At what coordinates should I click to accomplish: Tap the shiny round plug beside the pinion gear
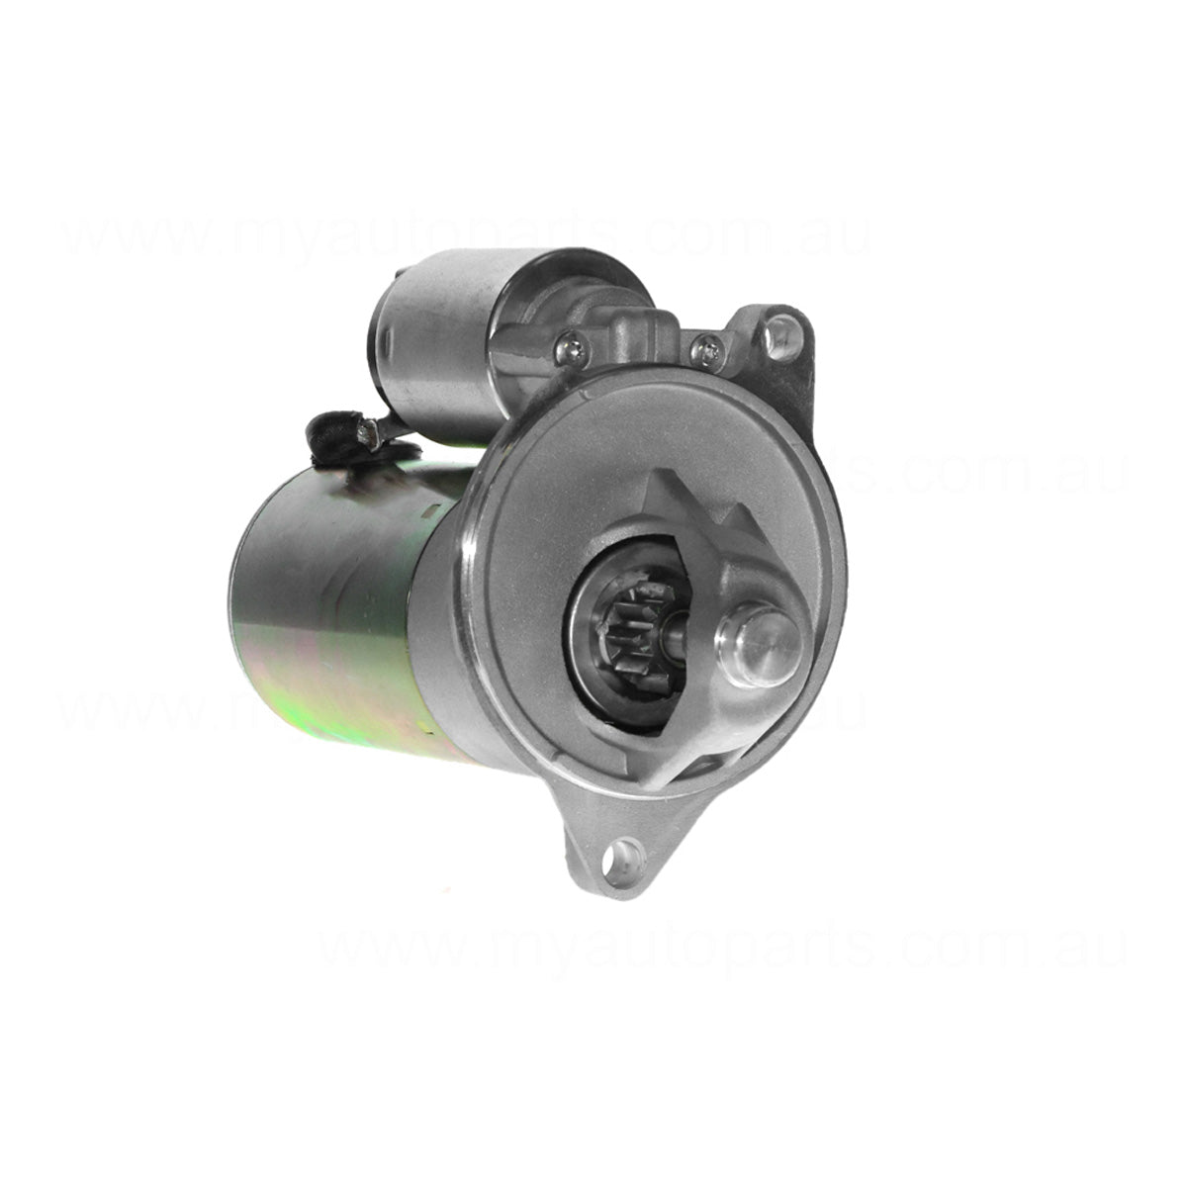tap(759, 646)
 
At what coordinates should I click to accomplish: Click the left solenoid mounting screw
tap(572, 345)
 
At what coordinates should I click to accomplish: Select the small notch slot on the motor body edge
tap(431, 514)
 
